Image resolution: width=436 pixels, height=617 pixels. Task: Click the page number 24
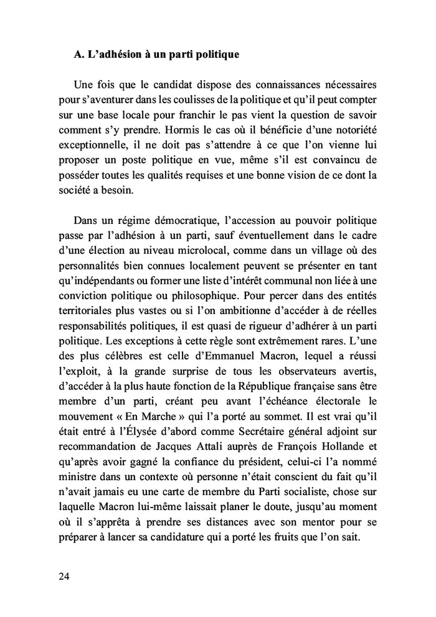[x=64, y=576]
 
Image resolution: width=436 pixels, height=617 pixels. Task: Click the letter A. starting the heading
[x=78, y=55]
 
